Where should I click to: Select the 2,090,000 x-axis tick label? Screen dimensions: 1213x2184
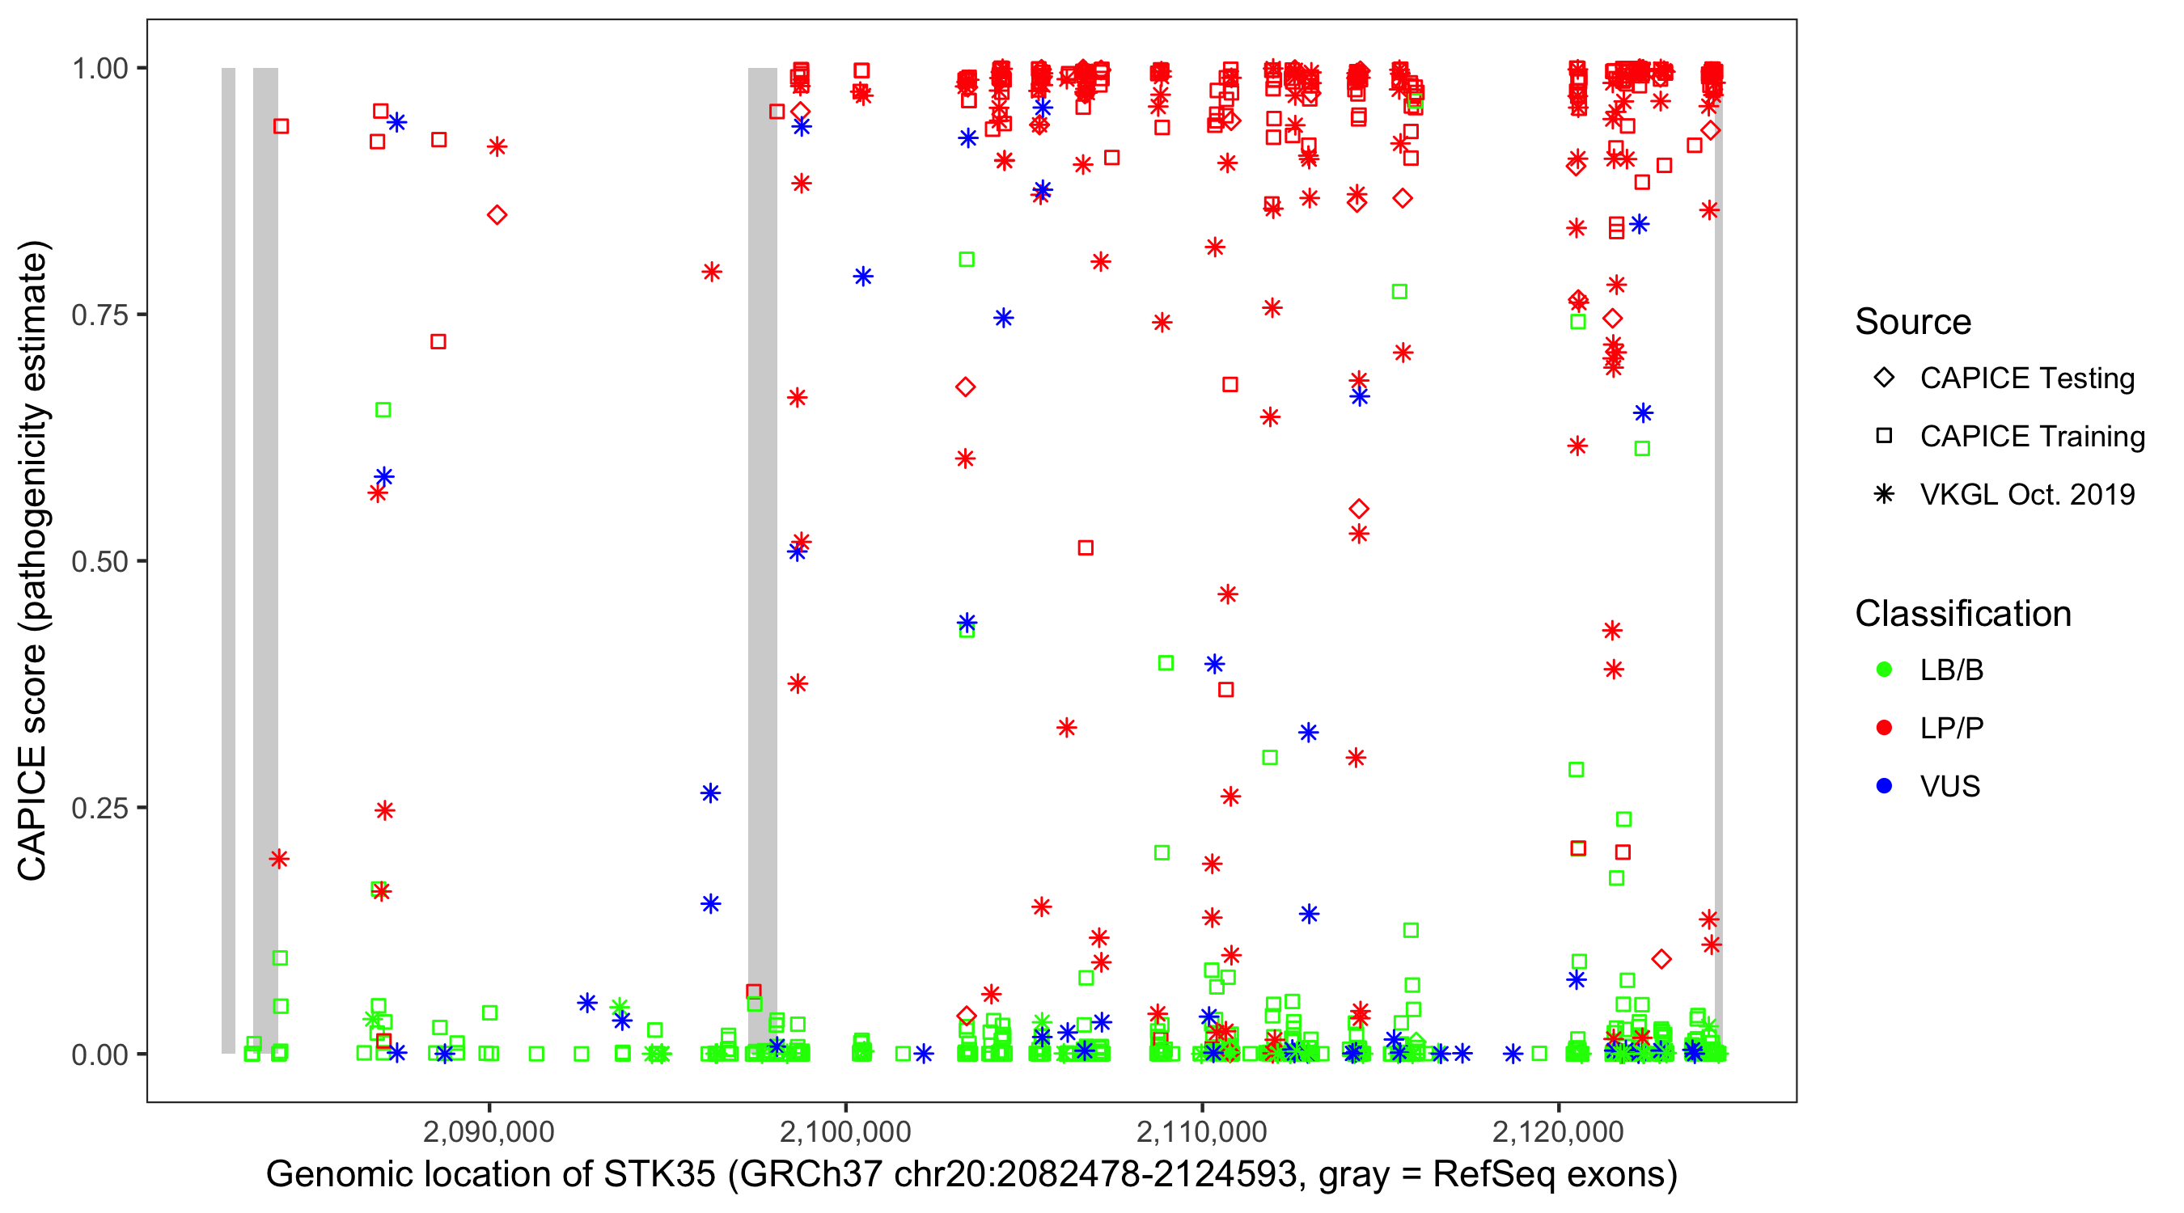[489, 1131]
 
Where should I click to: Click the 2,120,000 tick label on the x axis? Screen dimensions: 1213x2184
[1557, 1131]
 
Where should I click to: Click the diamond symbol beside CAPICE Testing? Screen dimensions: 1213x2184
[1884, 378]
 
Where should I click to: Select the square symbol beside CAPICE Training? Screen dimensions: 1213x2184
[1884, 437]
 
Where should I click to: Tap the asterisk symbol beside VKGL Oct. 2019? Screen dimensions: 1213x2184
[1884, 494]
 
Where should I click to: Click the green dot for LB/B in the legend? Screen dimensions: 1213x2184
[1884, 670]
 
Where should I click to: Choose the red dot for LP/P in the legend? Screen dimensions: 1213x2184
[1884, 728]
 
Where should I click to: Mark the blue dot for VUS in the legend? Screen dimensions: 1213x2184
[1884, 786]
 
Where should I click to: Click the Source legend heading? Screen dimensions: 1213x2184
[1913, 322]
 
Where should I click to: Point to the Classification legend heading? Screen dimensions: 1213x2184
[1962, 614]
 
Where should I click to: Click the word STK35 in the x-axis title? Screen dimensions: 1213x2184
[658, 1175]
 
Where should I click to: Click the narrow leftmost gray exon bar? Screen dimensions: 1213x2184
[228, 560]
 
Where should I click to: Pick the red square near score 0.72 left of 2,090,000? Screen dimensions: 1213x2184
[438, 341]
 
